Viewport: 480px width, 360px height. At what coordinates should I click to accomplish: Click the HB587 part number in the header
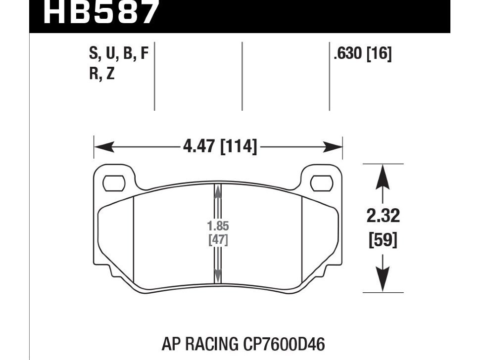[100, 12]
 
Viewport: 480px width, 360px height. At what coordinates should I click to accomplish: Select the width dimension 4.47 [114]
[220, 146]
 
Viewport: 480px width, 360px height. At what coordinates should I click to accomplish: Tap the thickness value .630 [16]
[363, 54]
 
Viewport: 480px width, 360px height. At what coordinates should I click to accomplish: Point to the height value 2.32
[383, 216]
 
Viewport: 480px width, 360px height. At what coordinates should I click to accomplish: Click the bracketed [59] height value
[383, 239]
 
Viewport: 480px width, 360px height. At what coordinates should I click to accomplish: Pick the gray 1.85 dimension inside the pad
[218, 226]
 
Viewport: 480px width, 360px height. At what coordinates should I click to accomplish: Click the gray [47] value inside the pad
[218, 240]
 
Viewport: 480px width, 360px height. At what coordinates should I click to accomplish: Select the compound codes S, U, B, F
[119, 53]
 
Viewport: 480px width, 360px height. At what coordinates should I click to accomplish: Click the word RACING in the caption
[212, 344]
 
